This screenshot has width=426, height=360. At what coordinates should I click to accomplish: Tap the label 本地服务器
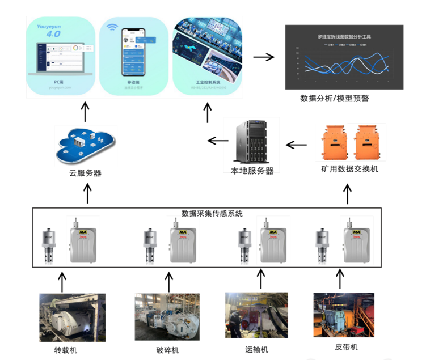pyautogui.click(x=252, y=170)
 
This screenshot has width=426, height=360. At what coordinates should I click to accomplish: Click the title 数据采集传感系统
pyautogui.click(x=212, y=214)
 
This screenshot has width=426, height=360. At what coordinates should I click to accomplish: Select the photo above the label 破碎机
pyautogui.click(x=167, y=316)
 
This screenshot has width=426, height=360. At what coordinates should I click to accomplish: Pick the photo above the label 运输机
pyautogui.click(x=256, y=316)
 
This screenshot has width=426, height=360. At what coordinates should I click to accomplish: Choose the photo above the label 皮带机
pyautogui.click(x=344, y=315)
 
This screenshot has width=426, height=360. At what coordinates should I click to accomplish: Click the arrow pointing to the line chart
pyautogui.click(x=263, y=57)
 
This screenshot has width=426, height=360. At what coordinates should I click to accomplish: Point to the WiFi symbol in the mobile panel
pyautogui.click(x=111, y=27)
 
